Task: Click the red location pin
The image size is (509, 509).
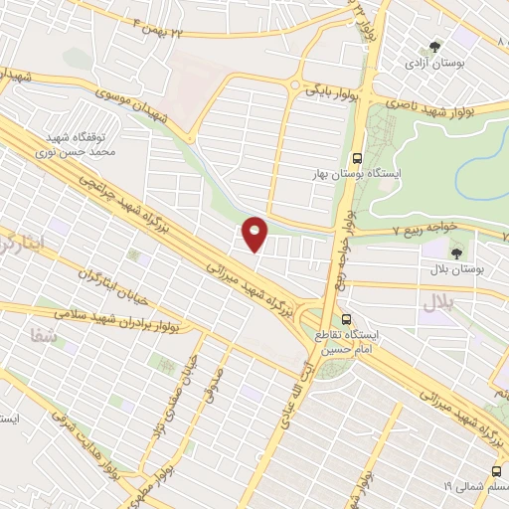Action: pyautogui.click(x=255, y=234)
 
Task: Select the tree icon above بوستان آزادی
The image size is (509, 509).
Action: pyautogui.click(x=431, y=46)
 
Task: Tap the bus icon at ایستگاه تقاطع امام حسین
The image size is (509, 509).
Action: pyautogui.click(x=346, y=319)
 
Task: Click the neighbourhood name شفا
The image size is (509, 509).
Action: pyautogui.click(x=60, y=341)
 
